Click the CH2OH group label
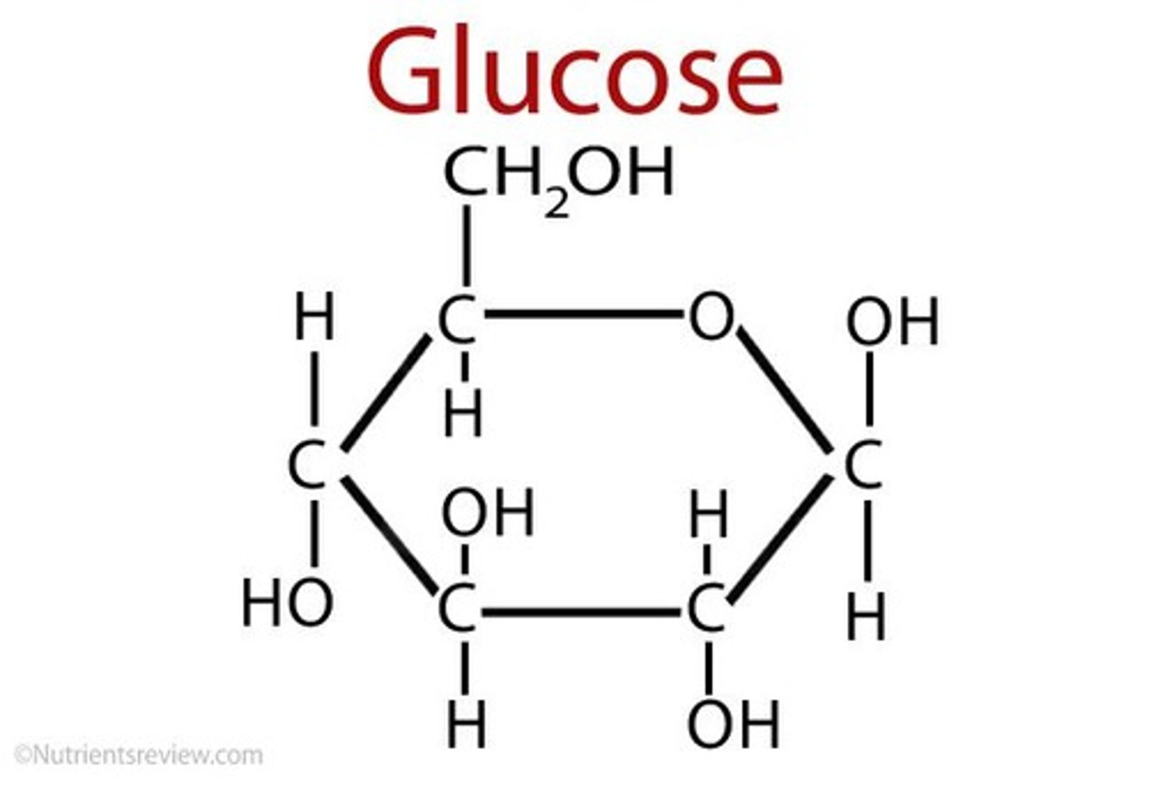[x=559, y=174]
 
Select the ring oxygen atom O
[x=709, y=316]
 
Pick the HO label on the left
[x=287, y=603]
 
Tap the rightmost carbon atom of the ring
[x=863, y=466]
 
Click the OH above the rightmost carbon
[x=892, y=322]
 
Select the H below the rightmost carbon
[x=866, y=617]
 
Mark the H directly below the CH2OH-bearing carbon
[x=464, y=415]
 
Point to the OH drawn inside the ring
[x=488, y=514]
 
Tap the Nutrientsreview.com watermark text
[x=138, y=755]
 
